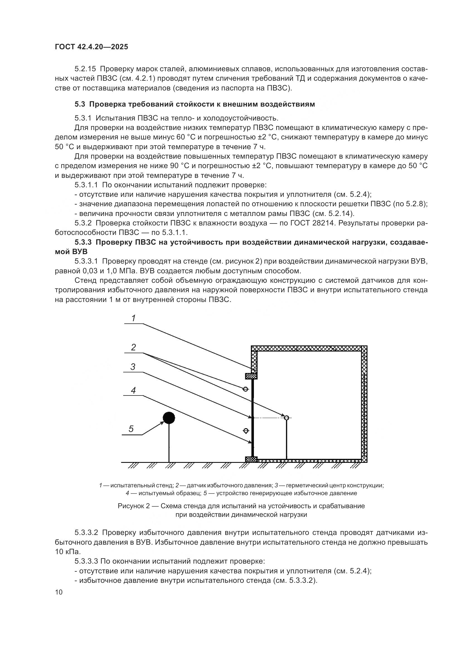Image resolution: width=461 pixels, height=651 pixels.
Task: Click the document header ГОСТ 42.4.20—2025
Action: pyautogui.click(x=91, y=47)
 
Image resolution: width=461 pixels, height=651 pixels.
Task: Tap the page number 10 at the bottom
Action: pyautogui.click(x=59, y=592)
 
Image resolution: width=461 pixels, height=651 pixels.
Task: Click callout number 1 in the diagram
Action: pyautogui.click(x=134, y=318)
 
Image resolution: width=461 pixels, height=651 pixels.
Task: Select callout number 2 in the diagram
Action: pyautogui.click(x=134, y=347)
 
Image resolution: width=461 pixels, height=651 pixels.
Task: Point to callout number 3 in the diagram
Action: pyautogui.click(x=133, y=367)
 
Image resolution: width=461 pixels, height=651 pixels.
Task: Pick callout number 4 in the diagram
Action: pyautogui.click(x=133, y=390)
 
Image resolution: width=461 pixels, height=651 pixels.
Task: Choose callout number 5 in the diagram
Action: pyautogui.click(x=131, y=429)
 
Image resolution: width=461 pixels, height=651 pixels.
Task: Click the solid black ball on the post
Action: pyautogui.click(x=169, y=418)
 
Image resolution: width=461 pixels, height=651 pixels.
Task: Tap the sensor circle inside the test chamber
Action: pyautogui.click(x=287, y=418)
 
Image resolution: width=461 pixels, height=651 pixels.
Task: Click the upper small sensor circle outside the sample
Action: pyautogui.click(x=246, y=389)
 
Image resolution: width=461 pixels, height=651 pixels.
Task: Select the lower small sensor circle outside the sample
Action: pyautogui.click(x=246, y=431)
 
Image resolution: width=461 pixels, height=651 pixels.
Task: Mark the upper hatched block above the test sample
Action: pyautogui.click(x=251, y=376)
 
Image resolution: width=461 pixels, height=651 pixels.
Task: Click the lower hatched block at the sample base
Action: pyautogui.click(x=251, y=459)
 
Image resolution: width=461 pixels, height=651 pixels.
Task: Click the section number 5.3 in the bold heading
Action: pyautogui.click(x=80, y=104)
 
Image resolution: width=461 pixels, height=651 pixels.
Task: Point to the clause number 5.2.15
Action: pyautogui.click(x=86, y=69)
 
